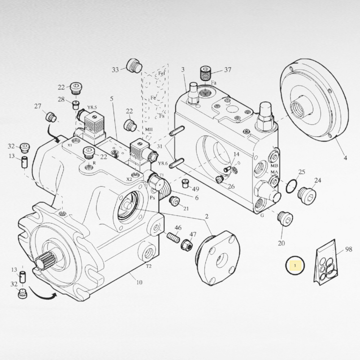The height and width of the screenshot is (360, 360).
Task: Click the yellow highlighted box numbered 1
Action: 295,265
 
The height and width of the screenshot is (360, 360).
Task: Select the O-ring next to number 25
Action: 290,186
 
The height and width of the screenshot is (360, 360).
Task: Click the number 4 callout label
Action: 345,158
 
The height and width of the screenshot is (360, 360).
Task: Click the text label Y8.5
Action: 92,108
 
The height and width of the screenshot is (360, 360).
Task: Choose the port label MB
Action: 275,166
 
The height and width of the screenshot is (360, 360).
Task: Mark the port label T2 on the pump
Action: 149,266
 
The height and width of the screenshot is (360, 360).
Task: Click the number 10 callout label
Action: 140,282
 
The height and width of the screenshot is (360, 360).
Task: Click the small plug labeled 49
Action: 185,184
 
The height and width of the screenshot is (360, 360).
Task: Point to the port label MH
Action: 149,130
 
